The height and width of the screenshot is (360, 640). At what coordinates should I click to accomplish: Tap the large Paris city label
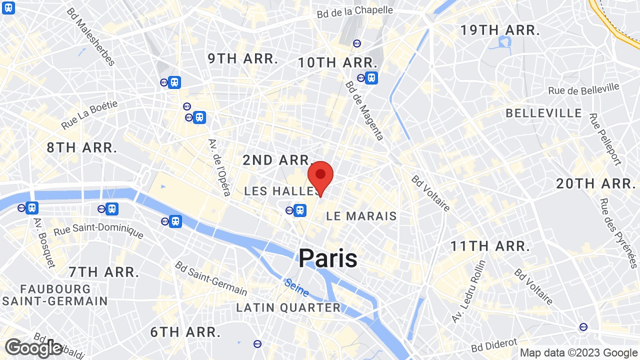[x=328, y=258]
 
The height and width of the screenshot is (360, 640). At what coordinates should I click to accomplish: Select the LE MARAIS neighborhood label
[x=361, y=216]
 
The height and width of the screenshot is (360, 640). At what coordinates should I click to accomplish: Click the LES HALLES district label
[x=281, y=191]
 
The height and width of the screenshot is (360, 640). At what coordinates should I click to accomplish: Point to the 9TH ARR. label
[x=243, y=58]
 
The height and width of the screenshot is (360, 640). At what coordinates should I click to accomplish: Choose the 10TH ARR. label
[x=337, y=63]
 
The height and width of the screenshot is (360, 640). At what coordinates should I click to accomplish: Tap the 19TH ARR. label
[x=500, y=30]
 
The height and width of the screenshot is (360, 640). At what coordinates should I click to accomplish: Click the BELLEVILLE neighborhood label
[x=544, y=113]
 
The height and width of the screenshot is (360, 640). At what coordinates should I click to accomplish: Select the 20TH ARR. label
[x=595, y=183]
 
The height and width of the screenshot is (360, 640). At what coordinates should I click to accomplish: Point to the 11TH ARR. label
[x=490, y=246]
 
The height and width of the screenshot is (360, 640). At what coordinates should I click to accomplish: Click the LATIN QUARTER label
[x=288, y=307]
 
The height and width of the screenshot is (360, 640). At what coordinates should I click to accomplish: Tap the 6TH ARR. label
[x=185, y=332]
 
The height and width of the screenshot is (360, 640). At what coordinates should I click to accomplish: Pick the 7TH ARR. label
[x=104, y=272]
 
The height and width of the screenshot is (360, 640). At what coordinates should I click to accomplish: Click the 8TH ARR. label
[x=82, y=147]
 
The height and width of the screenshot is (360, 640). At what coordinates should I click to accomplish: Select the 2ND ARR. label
[x=277, y=160]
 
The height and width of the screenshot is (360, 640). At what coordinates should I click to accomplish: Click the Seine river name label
[x=296, y=287]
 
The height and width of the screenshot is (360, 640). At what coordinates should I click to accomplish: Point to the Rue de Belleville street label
[x=583, y=89]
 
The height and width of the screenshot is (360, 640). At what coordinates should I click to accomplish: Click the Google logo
[x=33, y=348]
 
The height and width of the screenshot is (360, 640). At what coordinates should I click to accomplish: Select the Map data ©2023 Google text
[x=578, y=352]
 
